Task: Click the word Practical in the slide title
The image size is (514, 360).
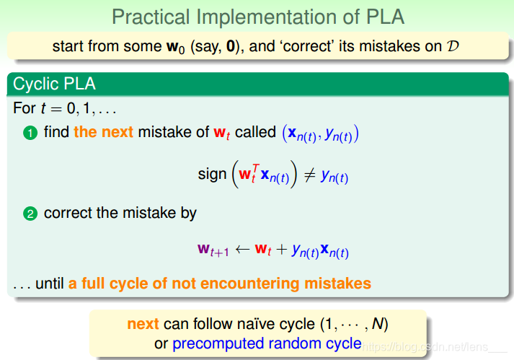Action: pos(151,17)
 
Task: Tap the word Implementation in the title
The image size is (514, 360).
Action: pos(267,17)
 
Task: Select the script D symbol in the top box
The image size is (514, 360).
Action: pos(453,46)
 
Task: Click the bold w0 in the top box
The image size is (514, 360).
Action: pos(176,47)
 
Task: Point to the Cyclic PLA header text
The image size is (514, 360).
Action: pos(54,84)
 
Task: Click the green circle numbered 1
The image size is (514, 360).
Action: pos(30,133)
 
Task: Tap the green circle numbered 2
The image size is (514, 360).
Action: pos(30,214)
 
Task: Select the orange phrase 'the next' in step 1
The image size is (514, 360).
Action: pos(103,132)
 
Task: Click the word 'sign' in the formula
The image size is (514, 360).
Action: pos(212,175)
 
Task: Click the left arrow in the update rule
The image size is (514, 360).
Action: pos(242,250)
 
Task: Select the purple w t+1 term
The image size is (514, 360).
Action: pos(213,250)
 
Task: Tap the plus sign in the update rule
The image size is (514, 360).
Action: pos(282,250)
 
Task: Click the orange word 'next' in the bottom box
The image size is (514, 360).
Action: pos(143,324)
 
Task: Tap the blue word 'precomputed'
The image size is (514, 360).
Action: pos(218,344)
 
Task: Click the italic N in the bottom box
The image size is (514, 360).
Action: pos(378,324)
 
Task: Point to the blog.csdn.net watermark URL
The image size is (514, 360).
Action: pos(426,346)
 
